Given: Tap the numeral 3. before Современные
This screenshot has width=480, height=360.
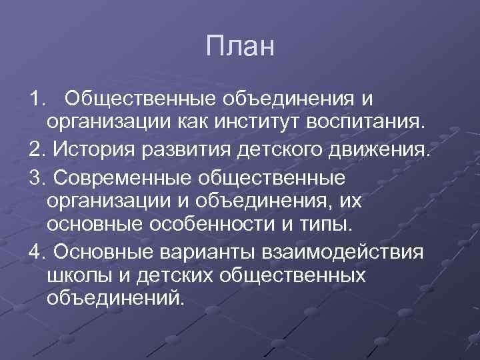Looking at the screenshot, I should [37, 178].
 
